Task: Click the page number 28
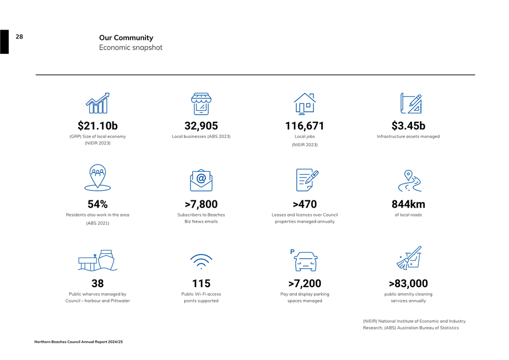click(19, 37)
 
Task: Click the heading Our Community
click(126, 38)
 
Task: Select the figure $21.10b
click(97, 126)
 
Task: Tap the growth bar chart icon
click(97, 103)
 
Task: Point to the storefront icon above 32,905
click(201, 103)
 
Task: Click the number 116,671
click(305, 126)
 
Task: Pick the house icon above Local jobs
click(305, 103)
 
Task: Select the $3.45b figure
click(408, 126)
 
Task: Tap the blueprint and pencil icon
click(411, 103)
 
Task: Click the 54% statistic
click(97, 205)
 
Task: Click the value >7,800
click(201, 205)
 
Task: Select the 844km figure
click(408, 205)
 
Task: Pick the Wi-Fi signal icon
click(201, 260)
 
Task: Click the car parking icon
click(305, 260)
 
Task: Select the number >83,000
click(408, 284)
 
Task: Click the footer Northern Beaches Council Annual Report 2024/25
click(79, 342)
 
